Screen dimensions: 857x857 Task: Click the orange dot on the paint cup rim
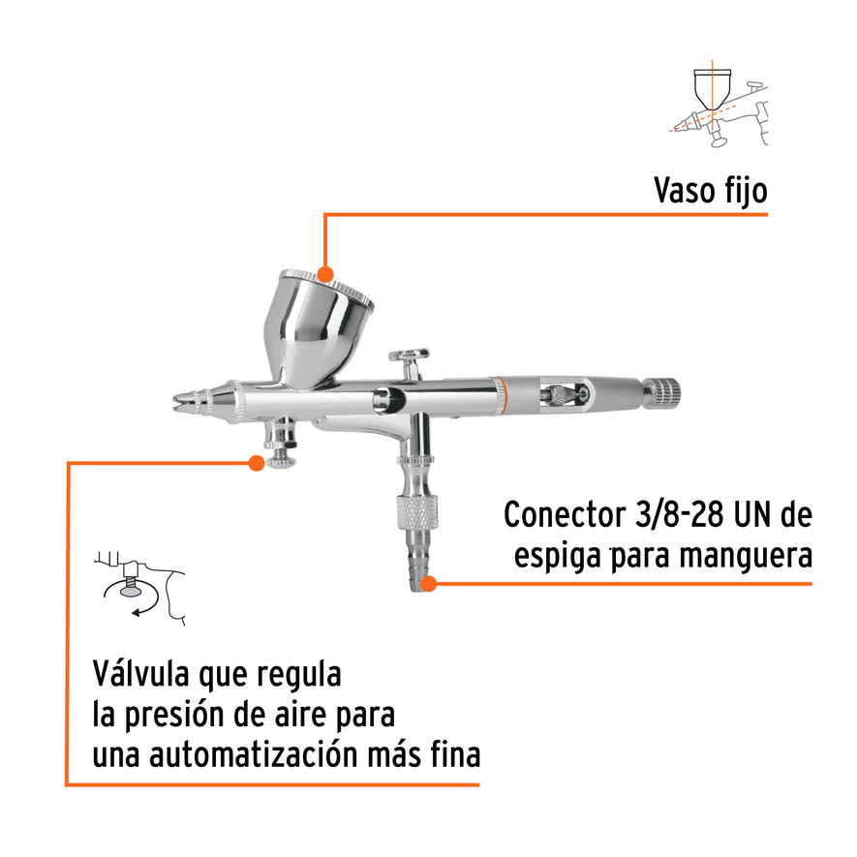pyautogui.click(x=324, y=274)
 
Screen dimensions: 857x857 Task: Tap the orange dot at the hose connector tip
pyautogui.click(x=430, y=583)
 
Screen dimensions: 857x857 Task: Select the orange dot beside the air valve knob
pyautogui.click(x=257, y=463)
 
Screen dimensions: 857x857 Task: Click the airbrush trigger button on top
pyautogui.click(x=410, y=356)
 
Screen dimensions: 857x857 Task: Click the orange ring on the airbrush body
pyautogui.click(x=500, y=395)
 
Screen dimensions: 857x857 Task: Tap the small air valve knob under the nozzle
pyautogui.click(x=282, y=457)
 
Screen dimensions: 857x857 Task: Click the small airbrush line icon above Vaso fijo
pyautogui.click(x=717, y=107)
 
